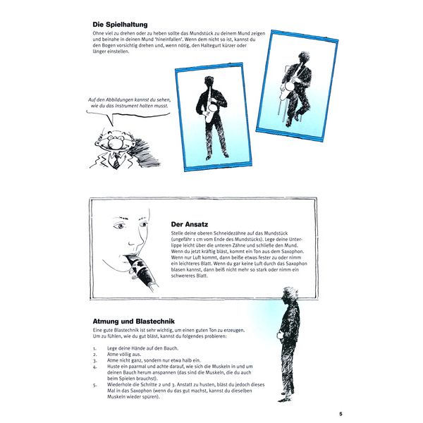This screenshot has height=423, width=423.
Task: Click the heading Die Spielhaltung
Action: (x=120, y=25)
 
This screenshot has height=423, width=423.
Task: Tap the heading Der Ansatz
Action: (x=190, y=224)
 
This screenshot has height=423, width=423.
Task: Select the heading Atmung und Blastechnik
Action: (x=133, y=321)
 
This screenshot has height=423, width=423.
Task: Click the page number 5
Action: (x=341, y=414)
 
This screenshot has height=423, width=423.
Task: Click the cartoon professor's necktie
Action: (x=116, y=161)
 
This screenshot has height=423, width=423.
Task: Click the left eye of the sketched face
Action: (x=119, y=226)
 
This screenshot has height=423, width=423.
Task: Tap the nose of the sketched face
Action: (x=133, y=240)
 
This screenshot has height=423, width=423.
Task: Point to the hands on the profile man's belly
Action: (x=279, y=336)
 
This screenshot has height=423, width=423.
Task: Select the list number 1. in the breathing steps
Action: (x=94, y=348)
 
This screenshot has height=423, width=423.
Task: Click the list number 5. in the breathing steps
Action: (x=94, y=385)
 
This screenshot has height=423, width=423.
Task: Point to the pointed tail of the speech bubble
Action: (x=113, y=125)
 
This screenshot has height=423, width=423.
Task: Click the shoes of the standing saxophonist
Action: (x=217, y=156)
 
